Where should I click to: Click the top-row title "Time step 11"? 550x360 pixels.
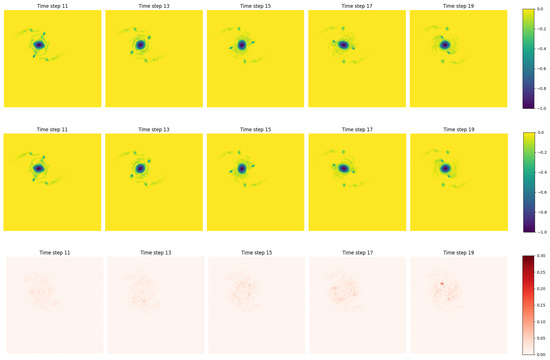point(52,5)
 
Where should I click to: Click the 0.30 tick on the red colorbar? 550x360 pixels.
point(538,257)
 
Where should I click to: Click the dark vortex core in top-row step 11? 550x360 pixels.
point(39,45)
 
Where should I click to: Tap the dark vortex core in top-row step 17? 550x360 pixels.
point(343,45)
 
